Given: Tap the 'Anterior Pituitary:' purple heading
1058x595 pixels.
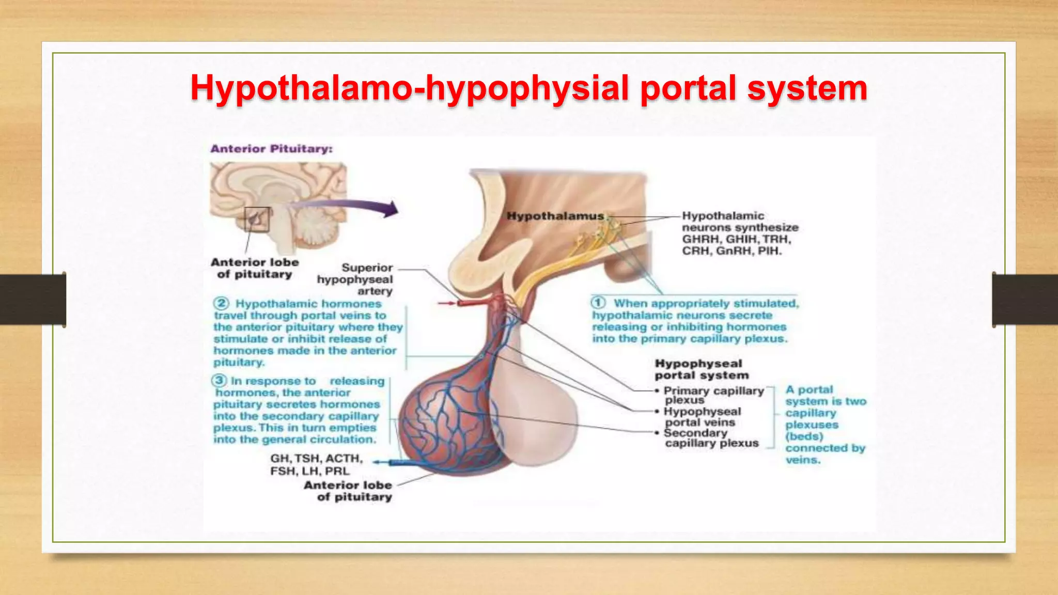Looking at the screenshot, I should click(x=271, y=149).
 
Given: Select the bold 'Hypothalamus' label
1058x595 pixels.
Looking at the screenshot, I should click(x=555, y=216).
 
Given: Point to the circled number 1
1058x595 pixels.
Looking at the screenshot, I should click(x=598, y=303).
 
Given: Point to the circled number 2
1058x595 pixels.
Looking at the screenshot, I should click(x=221, y=303).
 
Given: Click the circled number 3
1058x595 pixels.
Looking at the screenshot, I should click(x=219, y=381).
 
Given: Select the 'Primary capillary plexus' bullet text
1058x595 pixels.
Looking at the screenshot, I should click(x=713, y=395).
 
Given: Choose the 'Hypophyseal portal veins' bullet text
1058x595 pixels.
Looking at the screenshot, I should click(x=702, y=417).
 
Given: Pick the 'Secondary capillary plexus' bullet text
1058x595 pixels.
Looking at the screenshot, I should click(x=711, y=438).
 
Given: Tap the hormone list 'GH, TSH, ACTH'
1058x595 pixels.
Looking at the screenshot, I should click(x=316, y=459).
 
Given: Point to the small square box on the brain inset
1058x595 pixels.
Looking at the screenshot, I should click(x=257, y=220).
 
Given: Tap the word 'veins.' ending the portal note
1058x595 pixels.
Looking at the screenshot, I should click(x=803, y=460).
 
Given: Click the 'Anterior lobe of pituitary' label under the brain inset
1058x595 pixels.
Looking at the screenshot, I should click(x=255, y=268).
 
